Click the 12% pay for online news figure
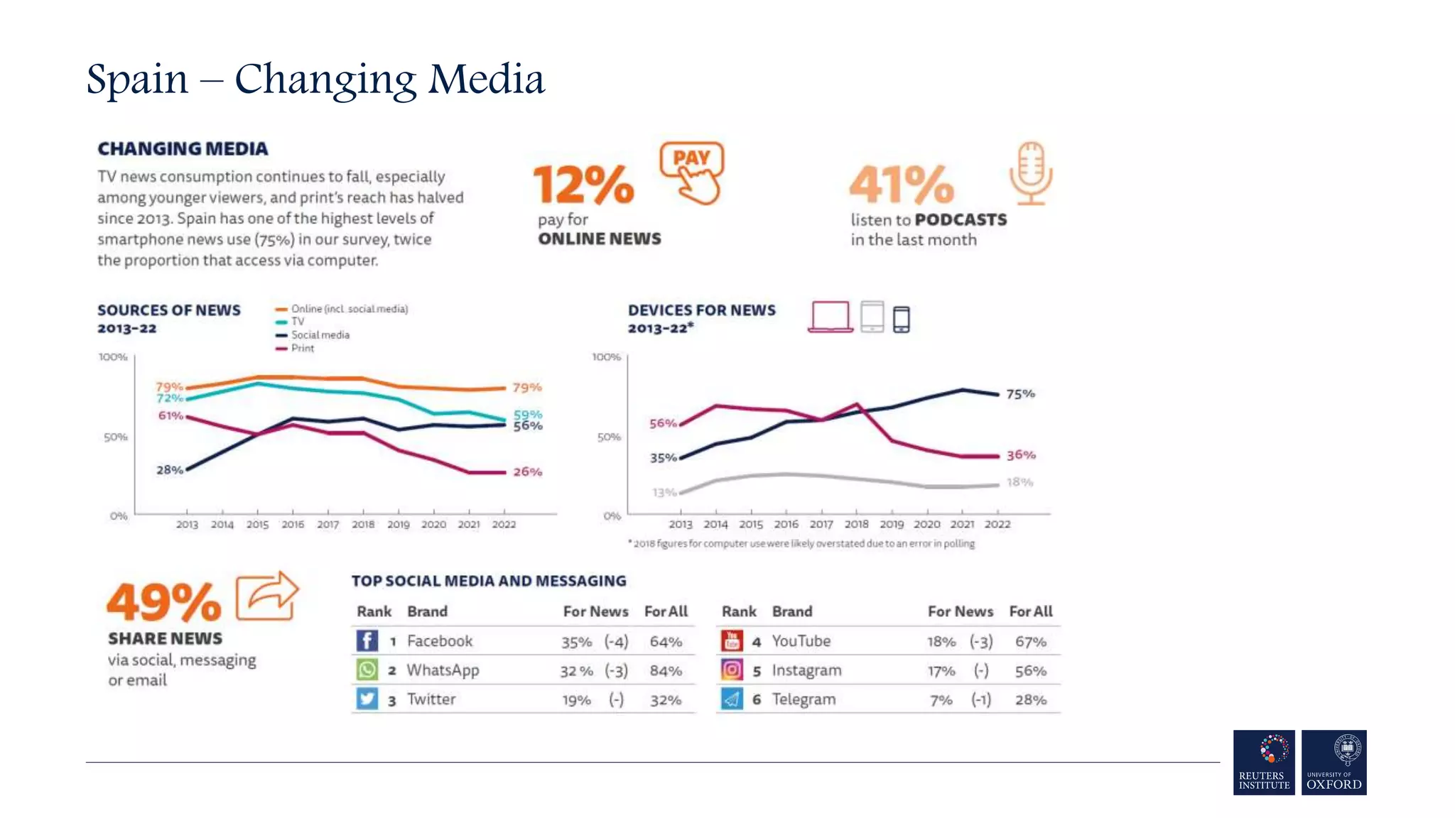click(583, 185)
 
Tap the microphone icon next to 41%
click(1030, 173)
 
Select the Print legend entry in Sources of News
click(302, 348)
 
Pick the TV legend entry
click(297, 322)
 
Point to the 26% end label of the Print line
click(527, 471)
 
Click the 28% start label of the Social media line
click(169, 470)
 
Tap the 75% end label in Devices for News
click(1020, 394)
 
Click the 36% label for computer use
click(1021, 455)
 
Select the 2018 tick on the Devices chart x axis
click(856, 524)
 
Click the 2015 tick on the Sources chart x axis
click(257, 525)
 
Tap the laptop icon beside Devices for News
click(830, 317)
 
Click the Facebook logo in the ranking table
click(367, 641)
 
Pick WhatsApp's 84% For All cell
click(666, 671)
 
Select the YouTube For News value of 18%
click(941, 642)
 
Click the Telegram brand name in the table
click(804, 699)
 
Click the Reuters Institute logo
click(1264, 762)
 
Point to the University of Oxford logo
click(1334, 762)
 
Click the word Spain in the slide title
click(137, 79)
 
